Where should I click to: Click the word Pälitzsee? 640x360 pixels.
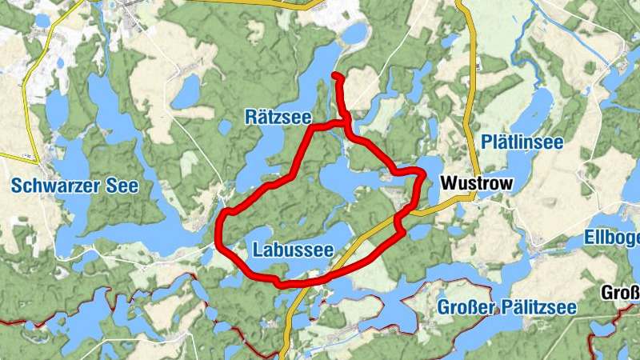point(538,307)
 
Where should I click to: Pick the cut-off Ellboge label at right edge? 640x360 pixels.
point(613,239)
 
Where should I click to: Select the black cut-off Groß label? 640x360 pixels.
point(620,293)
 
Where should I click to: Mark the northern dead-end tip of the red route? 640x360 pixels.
point(334,76)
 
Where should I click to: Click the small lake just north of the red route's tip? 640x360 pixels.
point(354,34)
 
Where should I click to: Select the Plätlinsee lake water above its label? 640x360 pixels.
point(538,108)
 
